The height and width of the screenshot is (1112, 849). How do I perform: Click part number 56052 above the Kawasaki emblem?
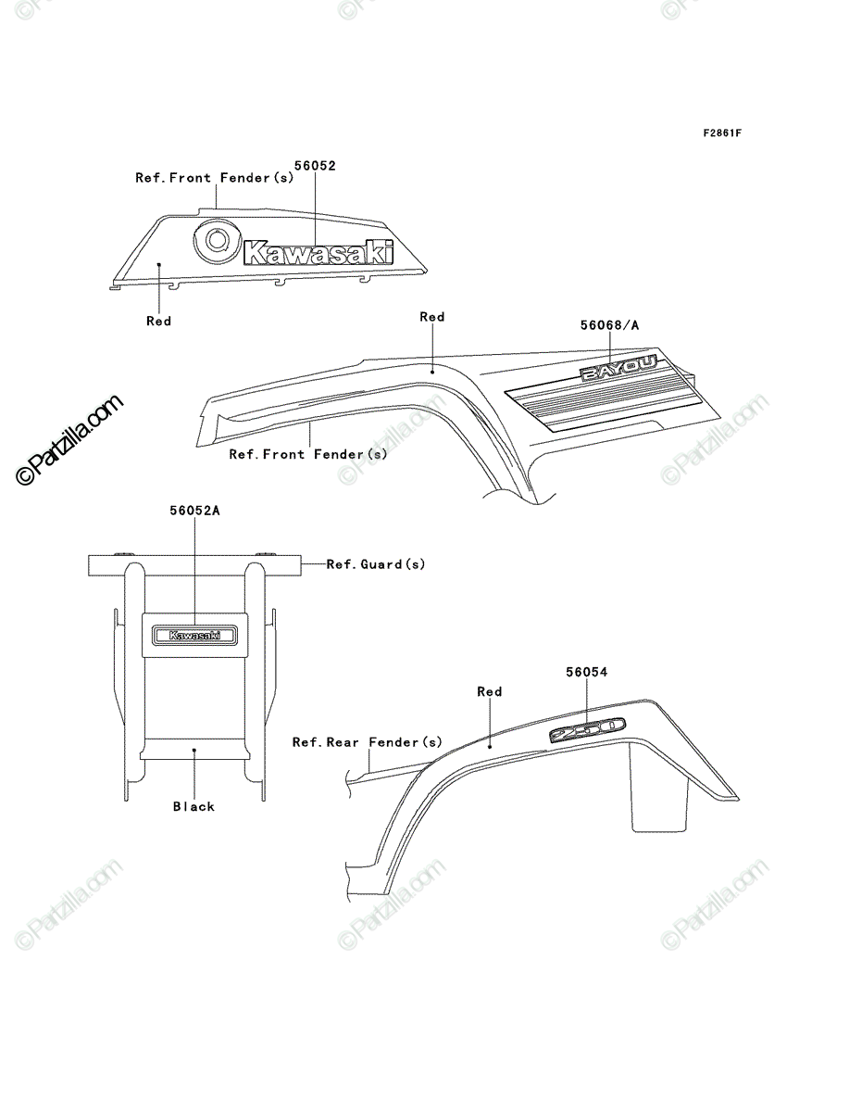315,166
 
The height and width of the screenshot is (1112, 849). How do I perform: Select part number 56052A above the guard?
194,511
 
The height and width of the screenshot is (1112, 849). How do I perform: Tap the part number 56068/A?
609,324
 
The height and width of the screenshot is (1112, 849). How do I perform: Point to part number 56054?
586,672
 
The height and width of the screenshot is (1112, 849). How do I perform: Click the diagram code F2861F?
722,133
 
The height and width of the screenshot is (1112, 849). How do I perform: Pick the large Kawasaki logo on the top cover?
318,252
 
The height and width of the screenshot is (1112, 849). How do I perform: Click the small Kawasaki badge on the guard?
194,635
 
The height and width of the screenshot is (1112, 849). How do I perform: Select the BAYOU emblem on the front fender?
618,368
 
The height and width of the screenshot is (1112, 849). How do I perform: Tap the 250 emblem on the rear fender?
587,730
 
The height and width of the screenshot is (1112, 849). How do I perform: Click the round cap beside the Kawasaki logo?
217,240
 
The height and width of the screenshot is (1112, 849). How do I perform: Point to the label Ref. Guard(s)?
375,563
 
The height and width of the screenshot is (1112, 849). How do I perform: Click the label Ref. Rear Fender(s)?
368,742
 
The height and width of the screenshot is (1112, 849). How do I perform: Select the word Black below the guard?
194,806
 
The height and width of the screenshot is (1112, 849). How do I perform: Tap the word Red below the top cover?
159,321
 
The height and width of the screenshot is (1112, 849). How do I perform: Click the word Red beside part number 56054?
489,691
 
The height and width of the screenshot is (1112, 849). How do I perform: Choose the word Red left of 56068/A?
432,317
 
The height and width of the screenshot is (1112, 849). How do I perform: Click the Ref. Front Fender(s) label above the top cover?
215,178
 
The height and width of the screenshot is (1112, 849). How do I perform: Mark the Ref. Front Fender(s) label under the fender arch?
308,454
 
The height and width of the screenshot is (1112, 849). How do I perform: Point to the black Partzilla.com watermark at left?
69,440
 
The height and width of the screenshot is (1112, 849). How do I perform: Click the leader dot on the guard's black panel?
194,750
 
